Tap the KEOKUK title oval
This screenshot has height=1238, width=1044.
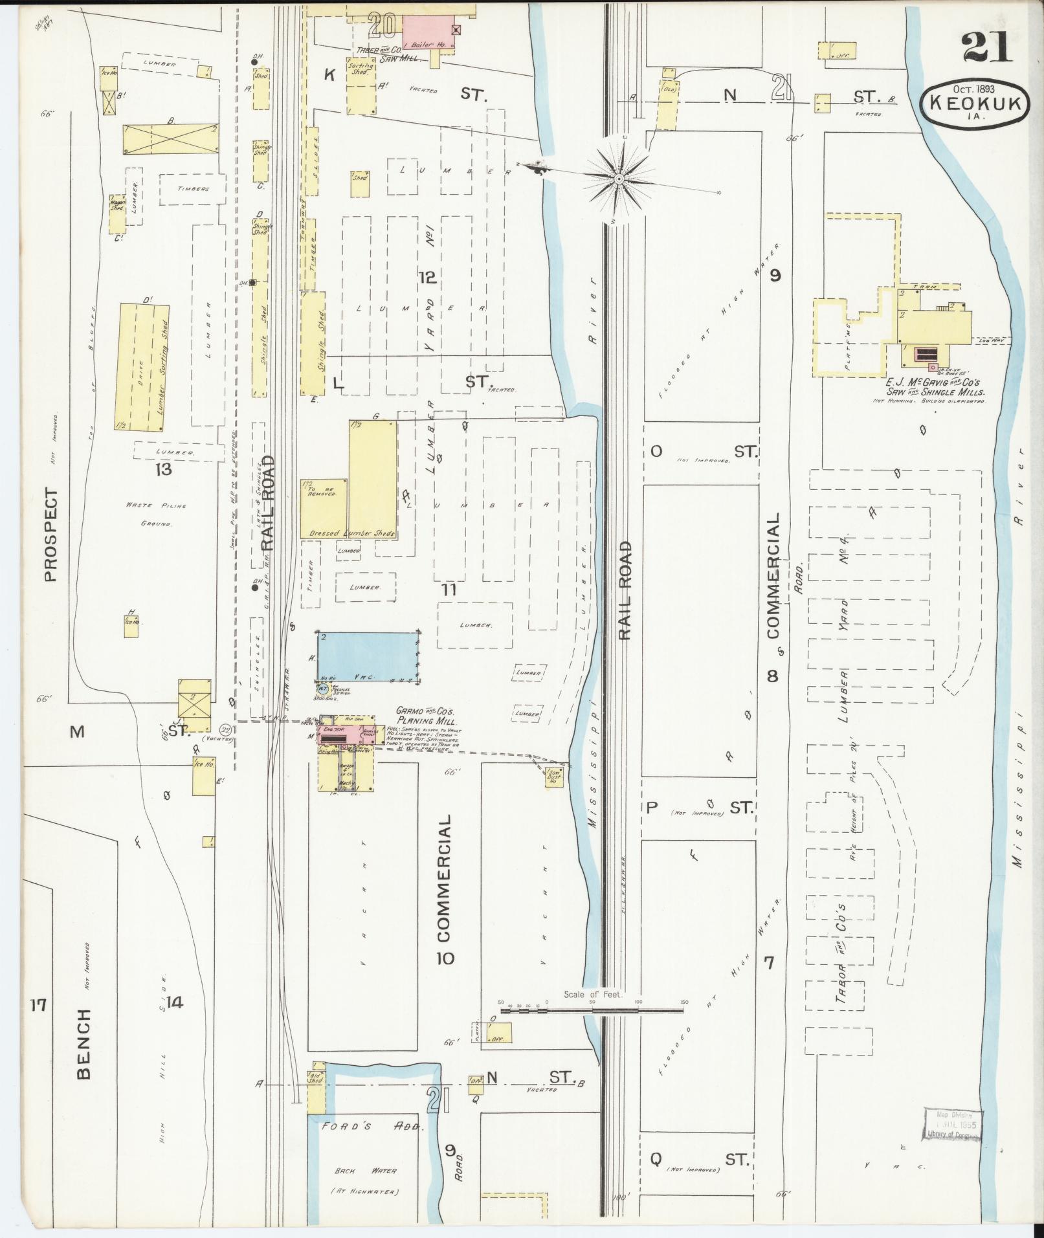(975, 105)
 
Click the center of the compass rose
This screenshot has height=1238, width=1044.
(619, 178)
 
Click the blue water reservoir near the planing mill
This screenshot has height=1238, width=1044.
(367, 656)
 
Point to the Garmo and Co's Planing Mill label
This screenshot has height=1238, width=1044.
(427, 716)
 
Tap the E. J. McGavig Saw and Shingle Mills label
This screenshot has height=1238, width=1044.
(937, 388)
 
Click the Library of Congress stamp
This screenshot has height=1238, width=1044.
(954, 1125)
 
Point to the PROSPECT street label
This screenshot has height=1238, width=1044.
(51, 534)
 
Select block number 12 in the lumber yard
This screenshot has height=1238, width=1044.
(427, 278)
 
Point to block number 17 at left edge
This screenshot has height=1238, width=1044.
(39, 1023)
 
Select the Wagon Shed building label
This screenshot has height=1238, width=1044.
(117, 204)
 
